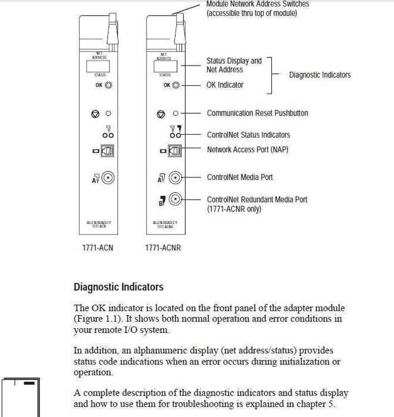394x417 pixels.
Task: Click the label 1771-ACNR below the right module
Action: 162,247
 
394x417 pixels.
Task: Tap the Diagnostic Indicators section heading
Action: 118,287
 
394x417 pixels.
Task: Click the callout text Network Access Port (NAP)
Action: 247,149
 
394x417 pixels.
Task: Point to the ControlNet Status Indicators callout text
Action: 248,135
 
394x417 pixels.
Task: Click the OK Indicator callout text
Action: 224,85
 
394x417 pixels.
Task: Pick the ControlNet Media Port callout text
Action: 239,177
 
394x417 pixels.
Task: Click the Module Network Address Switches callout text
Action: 257,4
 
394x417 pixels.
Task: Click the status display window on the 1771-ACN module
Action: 99,66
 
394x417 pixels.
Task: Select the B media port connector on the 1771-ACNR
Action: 175,200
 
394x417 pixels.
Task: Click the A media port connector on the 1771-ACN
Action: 108,177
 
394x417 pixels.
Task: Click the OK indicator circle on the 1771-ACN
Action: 109,85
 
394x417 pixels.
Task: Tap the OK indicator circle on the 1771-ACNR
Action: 175,85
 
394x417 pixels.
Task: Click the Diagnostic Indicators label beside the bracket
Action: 320,75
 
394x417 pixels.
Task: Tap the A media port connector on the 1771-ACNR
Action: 175,177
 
